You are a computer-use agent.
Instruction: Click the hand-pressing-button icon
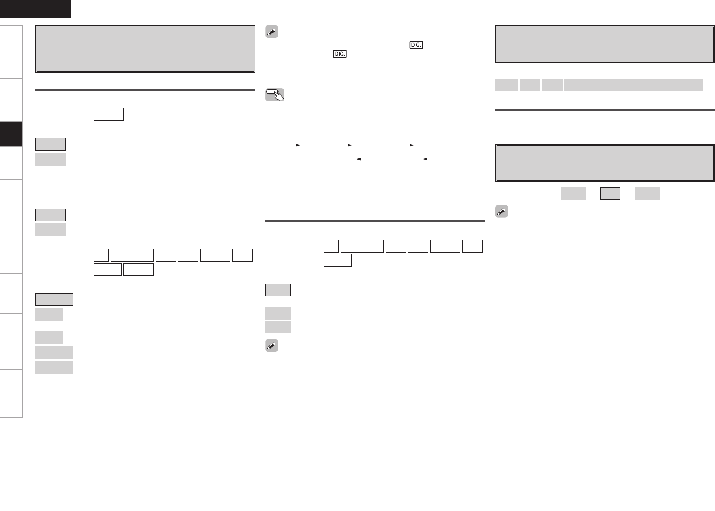coord(275,95)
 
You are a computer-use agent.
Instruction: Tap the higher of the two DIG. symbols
coord(415,45)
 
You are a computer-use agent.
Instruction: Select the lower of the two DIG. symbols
coord(340,54)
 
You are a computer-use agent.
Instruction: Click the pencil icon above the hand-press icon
coord(271,32)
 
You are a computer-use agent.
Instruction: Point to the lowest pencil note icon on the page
coord(271,346)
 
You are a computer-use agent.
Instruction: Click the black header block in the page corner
coord(35,8)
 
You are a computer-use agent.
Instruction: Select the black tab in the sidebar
coord(11,134)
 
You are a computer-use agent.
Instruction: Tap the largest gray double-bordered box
coord(145,50)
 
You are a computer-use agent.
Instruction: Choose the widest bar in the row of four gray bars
coord(633,84)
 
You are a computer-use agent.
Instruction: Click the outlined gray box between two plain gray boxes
coord(610,193)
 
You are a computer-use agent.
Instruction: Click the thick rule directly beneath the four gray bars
coord(605,110)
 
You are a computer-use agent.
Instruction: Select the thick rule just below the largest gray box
coord(145,90)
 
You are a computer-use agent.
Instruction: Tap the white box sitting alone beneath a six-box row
coord(337,260)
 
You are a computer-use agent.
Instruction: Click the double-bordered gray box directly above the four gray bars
coord(605,45)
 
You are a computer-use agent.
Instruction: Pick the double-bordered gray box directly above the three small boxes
coord(605,163)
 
